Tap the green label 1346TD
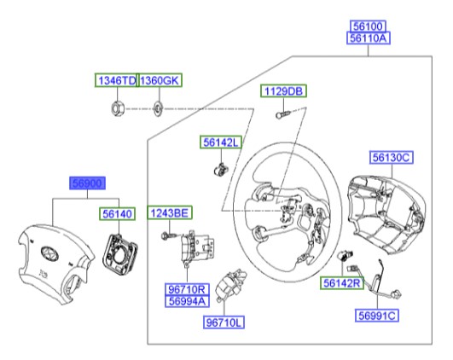click(x=115, y=81)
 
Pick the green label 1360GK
click(x=160, y=81)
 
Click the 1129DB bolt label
click(x=283, y=91)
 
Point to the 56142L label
click(x=221, y=142)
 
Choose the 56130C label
click(x=392, y=157)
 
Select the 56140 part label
click(x=119, y=217)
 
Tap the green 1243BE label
click(x=171, y=212)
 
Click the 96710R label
click(x=189, y=290)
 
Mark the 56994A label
click(x=189, y=302)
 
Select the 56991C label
click(x=378, y=316)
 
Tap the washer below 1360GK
click(x=158, y=108)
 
